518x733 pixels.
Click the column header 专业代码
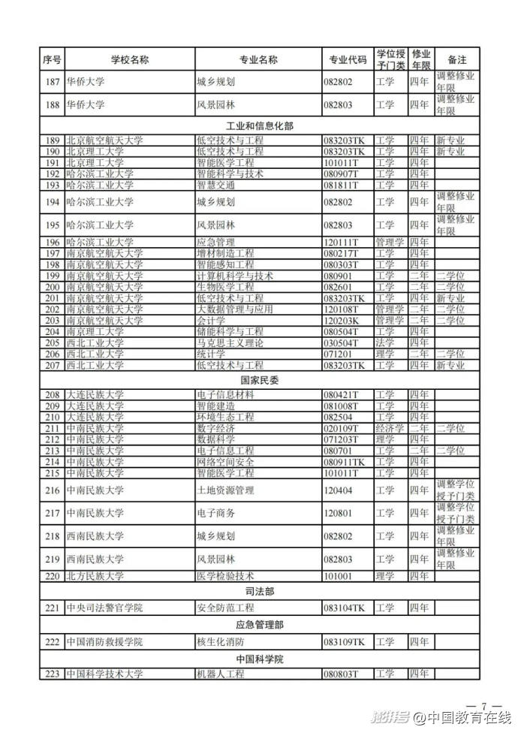click(x=348, y=59)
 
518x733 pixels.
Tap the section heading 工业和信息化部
click(x=259, y=125)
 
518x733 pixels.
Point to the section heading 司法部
click(x=259, y=592)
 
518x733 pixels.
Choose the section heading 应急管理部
click(x=259, y=625)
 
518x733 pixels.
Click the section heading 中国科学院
click(x=259, y=659)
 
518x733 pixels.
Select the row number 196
click(x=52, y=243)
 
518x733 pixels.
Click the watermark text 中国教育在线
click(x=465, y=718)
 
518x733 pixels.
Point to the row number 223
click(x=52, y=674)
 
